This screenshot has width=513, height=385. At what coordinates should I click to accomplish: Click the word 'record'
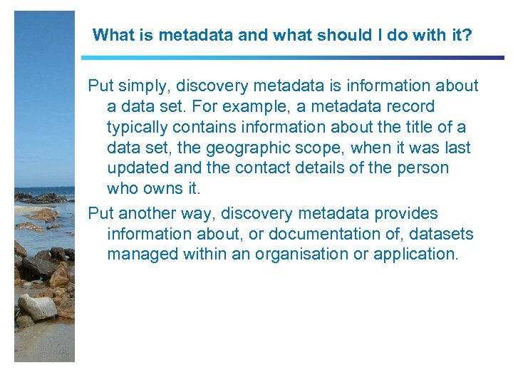pos(409,107)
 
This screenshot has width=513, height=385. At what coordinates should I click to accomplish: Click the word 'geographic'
pos(242,148)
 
